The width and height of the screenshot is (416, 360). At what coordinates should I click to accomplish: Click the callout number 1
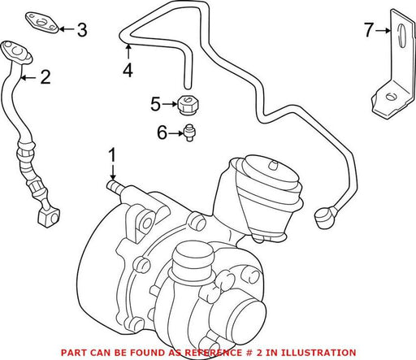[x=112, y=155]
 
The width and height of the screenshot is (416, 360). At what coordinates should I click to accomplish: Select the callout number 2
[x=45, y=77]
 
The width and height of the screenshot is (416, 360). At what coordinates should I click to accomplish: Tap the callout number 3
[x=82, y=30]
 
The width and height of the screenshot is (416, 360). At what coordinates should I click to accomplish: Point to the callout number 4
[x=128, y=70]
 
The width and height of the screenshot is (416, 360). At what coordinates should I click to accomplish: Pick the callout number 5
[x=155, y=104]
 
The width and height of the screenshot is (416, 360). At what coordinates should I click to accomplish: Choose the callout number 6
[x=162, y=132]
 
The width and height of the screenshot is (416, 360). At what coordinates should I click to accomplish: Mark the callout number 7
[x=369, y=30]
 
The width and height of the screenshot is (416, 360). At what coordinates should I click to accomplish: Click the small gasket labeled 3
[x=42, y=23]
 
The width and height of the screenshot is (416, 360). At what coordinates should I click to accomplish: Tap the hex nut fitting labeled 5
[x=188, y=106]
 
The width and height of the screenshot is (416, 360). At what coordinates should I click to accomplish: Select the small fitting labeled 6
[x=189, y=132]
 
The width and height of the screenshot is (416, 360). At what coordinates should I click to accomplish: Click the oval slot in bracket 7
[x=402, y=36]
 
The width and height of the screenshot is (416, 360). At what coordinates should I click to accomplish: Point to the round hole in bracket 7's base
[x=390, y=97]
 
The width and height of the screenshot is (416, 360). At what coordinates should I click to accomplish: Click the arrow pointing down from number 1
[x=113, y=171]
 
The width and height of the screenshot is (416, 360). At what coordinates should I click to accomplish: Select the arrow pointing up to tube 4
[x=128, y=51]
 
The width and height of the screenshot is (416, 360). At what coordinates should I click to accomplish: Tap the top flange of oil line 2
[x=17, y=53]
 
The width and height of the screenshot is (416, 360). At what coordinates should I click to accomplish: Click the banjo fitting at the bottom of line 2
[x=49, y=217]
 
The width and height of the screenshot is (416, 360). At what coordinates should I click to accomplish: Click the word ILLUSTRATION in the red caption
[x=318, y=353]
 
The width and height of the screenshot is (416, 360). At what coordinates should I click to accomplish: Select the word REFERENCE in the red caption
[x=214, y=353]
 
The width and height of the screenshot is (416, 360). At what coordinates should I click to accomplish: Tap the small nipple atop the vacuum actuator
[x=274, y=165]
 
